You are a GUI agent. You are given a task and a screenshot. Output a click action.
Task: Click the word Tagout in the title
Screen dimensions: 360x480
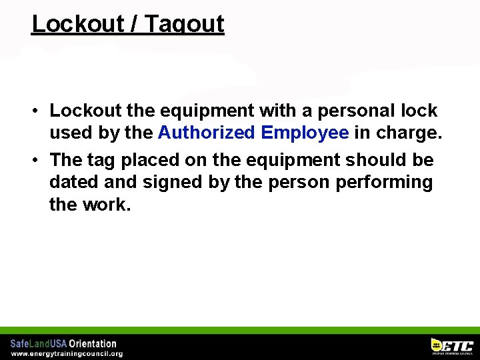[184, 24]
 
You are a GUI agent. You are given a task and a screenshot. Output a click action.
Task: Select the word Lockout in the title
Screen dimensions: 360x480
[77, 24]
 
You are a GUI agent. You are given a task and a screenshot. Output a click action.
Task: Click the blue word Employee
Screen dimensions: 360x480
[305, 133]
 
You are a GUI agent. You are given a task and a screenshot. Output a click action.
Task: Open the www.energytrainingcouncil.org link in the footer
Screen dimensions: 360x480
[66, 353]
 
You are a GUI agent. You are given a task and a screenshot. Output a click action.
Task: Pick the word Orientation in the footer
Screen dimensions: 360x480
[93, 344]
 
